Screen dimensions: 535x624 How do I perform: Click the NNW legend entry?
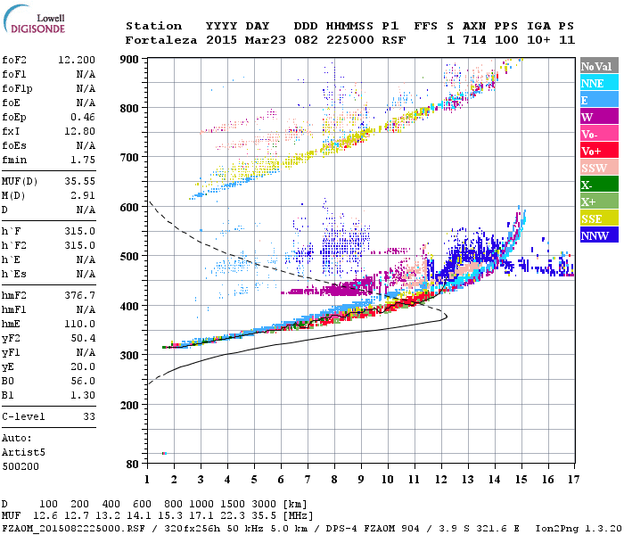(595, 235)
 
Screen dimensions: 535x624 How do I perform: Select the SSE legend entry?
(595, 218)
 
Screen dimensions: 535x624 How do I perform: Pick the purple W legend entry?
(595, 117)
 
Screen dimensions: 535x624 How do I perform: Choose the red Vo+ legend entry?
(595, 151)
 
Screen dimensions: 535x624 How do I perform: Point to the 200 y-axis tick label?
(130, 405)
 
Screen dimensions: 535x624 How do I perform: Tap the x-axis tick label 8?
(333, 480)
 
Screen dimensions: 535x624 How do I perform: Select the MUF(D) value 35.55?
(80, 180)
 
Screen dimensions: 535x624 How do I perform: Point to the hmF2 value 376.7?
(80, 294)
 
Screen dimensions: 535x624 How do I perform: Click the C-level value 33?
(89, 416)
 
